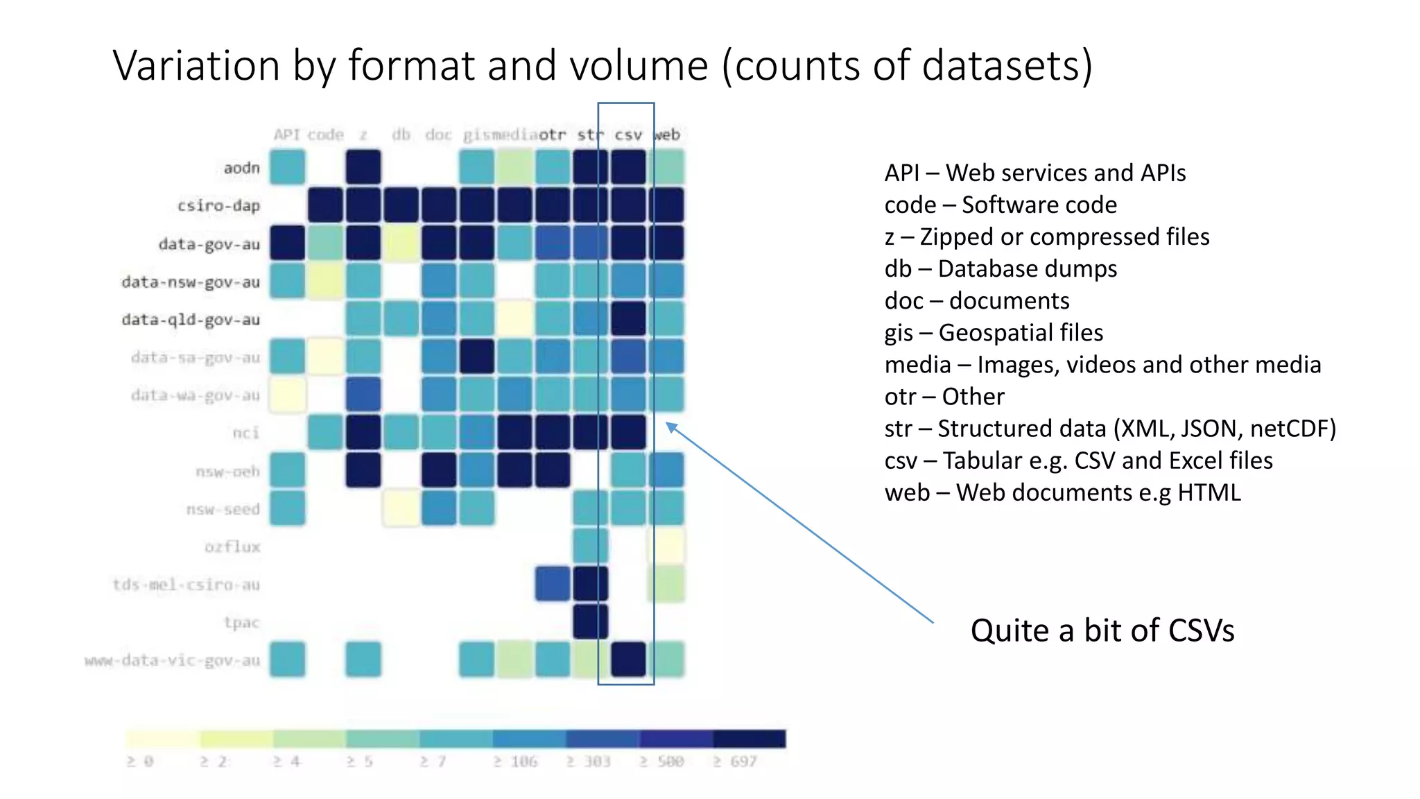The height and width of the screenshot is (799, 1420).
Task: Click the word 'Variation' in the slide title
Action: [196, 66]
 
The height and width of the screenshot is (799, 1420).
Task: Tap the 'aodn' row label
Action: [241, 168]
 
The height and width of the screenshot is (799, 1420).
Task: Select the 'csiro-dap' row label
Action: [218, 206]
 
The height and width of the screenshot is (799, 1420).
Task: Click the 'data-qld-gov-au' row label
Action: [191, 320]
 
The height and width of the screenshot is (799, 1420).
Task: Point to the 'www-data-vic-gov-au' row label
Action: [172, 660]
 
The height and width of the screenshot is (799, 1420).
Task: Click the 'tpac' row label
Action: [241, 622]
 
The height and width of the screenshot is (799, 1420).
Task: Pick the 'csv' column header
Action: [628, 135]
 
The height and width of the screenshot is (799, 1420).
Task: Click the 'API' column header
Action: [286, 135]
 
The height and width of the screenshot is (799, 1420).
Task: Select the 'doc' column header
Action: [438, 135]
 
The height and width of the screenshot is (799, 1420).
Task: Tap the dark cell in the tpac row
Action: [590, 621]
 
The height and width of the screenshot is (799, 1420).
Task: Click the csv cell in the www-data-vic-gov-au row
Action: [628, 659]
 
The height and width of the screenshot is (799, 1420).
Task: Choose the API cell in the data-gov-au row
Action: [287, 243]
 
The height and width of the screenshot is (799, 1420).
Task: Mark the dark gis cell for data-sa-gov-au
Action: [476, 356]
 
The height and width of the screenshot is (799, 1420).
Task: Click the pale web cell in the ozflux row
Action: [666, 546]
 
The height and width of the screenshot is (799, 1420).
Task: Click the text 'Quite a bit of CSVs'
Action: [1102, 630]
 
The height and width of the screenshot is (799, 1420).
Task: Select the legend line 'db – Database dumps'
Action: [1000, 268]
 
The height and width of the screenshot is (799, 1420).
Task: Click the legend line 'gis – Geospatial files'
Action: [993, 332]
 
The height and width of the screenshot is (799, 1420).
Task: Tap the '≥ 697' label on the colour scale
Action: [735, 762]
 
